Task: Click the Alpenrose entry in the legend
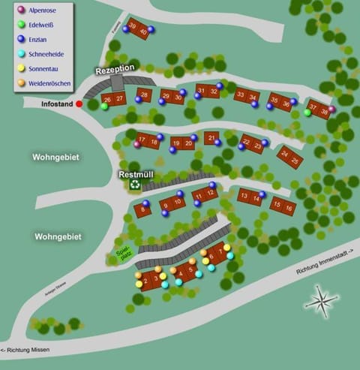(43, 11)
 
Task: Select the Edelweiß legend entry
(43, 25)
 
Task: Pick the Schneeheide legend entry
(46, 54)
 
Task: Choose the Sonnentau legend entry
(44, 68)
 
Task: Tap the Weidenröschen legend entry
(49, 83)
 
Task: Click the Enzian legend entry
(40, 39)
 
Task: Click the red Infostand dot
(79, 104)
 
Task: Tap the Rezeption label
(115, 69)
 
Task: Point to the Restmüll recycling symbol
(135, 184)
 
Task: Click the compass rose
(321, 302)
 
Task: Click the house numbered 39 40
(138, 29)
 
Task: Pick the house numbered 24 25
(289, 157)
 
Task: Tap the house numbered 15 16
(282, 205)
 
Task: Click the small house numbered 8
(142, 211)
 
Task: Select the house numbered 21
(212, 138)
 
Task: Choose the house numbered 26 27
(113, 99)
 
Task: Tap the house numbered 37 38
(319, 109)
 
